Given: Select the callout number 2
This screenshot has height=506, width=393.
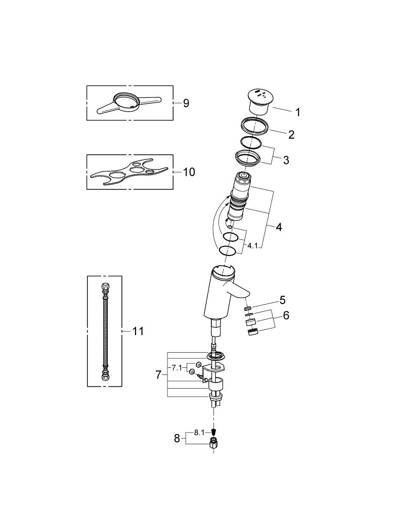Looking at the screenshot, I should click(x=291, y=135).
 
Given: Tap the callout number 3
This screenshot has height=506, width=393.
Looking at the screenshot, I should click(x=286, y=160).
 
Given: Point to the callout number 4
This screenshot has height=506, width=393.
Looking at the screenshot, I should click(x=279, y=227).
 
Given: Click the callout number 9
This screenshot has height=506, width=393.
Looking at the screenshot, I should click(x=186, y=103).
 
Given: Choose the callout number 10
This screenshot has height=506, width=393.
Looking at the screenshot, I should click(x=189, y=172).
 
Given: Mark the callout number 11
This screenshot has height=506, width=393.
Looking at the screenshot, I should click(x=138, y=331).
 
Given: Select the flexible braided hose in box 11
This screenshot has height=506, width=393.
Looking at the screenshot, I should click(x=105, y=331).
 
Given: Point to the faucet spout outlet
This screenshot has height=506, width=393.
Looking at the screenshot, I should click(x=243, y=295).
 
